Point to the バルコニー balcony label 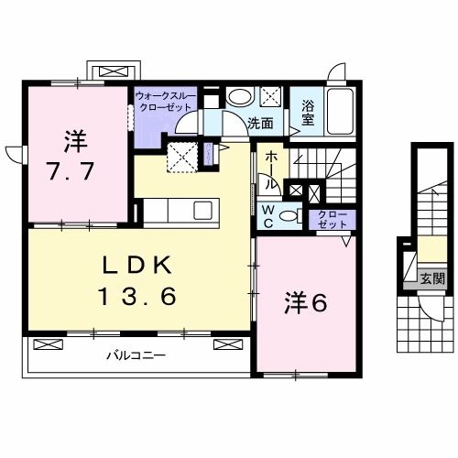(134, 354)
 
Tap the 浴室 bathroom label (309, 111)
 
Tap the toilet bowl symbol (288, 216)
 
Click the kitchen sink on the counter (200, 210)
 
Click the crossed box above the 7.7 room (114, 71)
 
